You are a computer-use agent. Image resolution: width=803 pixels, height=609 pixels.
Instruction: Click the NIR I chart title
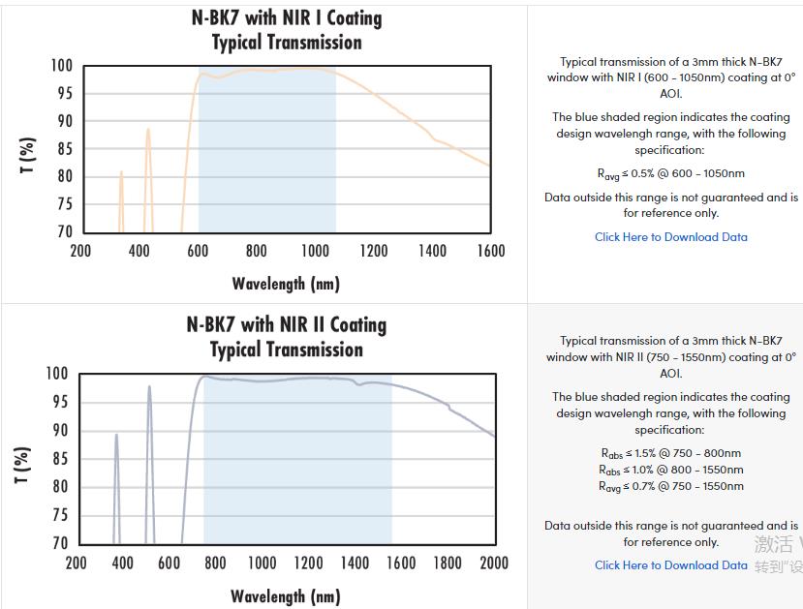click(287, 30)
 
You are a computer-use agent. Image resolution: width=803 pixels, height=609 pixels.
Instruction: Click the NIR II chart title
click(287, 337)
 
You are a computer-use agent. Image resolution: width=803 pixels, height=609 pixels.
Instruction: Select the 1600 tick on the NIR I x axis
click(491, 251)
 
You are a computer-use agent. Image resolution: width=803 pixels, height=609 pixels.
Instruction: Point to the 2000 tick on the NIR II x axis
click(494, 563)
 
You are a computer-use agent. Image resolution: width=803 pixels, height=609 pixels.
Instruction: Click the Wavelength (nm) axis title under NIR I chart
click(286, 284)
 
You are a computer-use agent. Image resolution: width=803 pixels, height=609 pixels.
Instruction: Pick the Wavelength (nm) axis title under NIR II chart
click(286, 596)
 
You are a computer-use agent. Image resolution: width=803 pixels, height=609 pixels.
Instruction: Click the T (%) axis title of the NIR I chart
click(27, 155)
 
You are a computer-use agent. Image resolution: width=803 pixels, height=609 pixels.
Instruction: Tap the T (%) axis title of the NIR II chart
click(23, 466)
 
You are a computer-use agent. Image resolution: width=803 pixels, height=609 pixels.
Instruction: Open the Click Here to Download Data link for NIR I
click(670, 236)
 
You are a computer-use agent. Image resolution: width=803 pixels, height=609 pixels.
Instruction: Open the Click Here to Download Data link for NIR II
click(670, 565)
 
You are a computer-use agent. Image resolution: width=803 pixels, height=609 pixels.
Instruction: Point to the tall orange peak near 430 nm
click(148, 131)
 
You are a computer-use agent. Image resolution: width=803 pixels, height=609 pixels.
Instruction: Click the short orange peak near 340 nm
click(121, 174)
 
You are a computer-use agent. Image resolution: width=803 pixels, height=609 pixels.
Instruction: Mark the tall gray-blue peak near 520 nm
click(149, 388)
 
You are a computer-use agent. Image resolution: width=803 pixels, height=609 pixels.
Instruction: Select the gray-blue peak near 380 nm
click(116, 437)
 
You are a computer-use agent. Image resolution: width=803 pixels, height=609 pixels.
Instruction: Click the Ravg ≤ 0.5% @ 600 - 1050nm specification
click(670, 174)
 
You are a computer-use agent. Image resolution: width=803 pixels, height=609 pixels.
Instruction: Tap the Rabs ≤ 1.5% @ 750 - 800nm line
click(670, 453)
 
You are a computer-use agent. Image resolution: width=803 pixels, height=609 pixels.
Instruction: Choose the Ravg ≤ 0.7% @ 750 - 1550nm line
click(670, 486)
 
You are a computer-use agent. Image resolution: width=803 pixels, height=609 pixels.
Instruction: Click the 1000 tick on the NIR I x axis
click(315, 251)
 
